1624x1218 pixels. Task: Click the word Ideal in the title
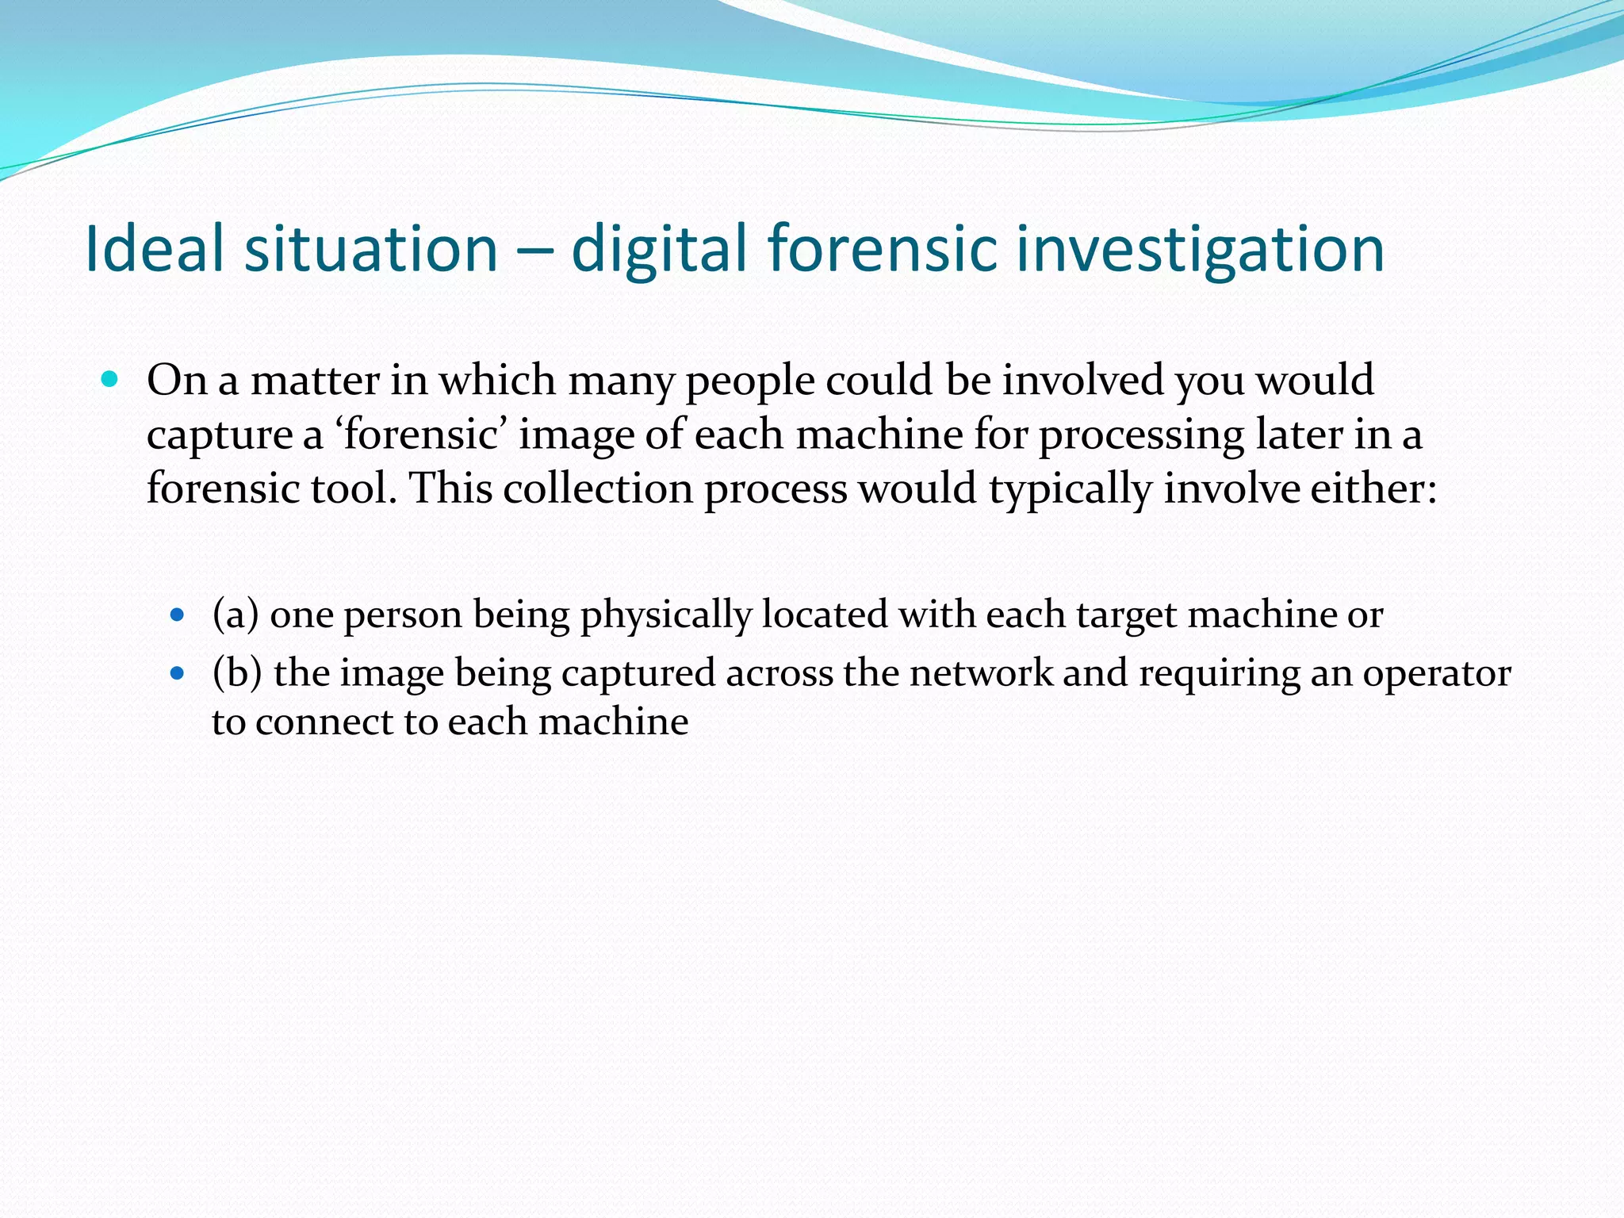[154, 248]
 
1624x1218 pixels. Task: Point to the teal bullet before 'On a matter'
[110, 380]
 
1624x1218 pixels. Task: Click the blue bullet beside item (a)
[178, 615]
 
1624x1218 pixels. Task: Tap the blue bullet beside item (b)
[178, 673]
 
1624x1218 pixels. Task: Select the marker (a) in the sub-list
[236, 615]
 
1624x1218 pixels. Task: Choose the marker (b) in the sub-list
[237, 673]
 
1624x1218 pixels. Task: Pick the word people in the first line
[749, 381]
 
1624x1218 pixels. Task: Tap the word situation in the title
[371, 248]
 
